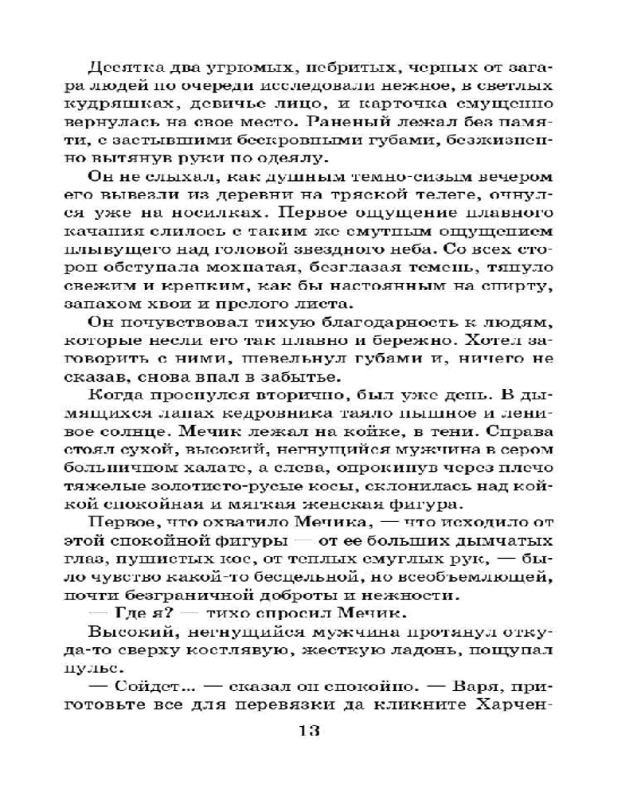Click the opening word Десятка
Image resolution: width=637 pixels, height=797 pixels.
click(120, 67)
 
